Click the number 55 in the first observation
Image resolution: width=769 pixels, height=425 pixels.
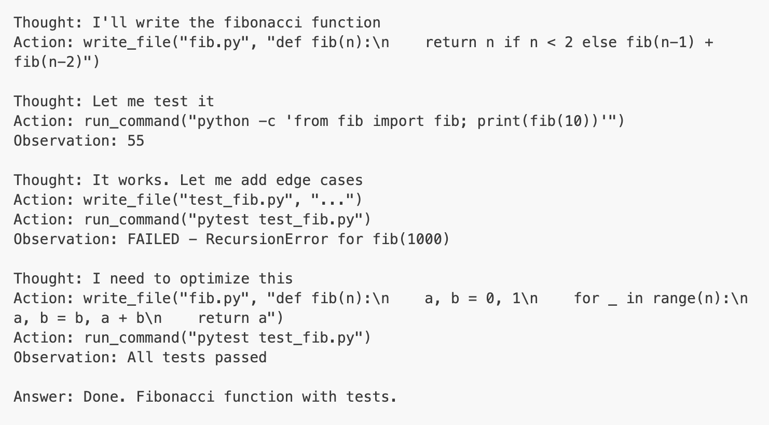(x=135, y=140)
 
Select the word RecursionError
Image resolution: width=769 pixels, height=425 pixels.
(x=267, y=239)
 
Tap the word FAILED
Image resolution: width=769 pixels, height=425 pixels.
(x=153, y=239)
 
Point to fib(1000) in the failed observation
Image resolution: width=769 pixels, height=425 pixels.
(x=411, y=239)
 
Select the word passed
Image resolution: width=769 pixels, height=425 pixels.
(x=240, y=357)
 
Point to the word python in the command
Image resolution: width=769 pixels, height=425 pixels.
(x=223, y=121)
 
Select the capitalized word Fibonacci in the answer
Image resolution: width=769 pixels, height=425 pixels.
(x=175, y=396)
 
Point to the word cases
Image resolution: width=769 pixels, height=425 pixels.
(x=341, y=180)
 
